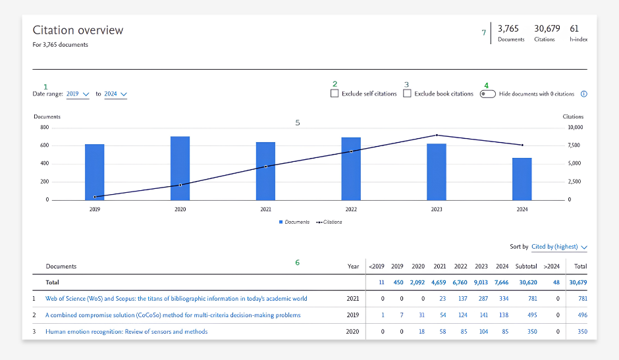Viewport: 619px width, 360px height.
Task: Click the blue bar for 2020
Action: click(x=180, y=168)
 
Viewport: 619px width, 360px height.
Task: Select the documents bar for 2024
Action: click(x=522, y=179)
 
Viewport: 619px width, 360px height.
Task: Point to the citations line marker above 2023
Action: click(x=437, y=135)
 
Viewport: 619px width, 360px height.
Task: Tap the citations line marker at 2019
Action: click(x=95, y=197)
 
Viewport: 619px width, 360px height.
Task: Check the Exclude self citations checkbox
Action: click(x=335, y=93)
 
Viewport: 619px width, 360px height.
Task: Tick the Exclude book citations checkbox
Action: click(x=407, y=93)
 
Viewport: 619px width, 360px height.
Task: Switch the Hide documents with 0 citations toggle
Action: click(x=487, y=94)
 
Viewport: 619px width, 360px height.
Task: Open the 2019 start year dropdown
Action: click(x=78, y=94)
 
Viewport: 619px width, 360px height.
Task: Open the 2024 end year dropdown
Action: click(x=116, y=94)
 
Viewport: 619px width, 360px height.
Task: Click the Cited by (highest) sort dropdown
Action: click(x=559, y=247)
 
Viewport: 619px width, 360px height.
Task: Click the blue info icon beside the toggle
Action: click(x=584, y=94)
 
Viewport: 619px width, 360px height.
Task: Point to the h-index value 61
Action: click(x=574, y=28)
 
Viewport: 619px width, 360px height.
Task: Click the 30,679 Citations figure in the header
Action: click(x=547, y=28)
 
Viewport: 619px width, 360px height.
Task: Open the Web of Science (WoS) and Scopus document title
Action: click(x=176, y=298)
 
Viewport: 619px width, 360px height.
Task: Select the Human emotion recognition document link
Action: click(x=126, y=332)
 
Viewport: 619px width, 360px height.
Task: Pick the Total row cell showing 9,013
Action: click(x=481, y=282)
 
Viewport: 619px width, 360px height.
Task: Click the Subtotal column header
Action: click(x=526, y=267)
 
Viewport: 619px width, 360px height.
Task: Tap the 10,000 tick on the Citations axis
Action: click(x=575, y=127)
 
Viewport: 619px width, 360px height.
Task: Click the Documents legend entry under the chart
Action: click(x=294, y=222)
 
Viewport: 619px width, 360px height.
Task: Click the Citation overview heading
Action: click(x=78, y=30)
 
